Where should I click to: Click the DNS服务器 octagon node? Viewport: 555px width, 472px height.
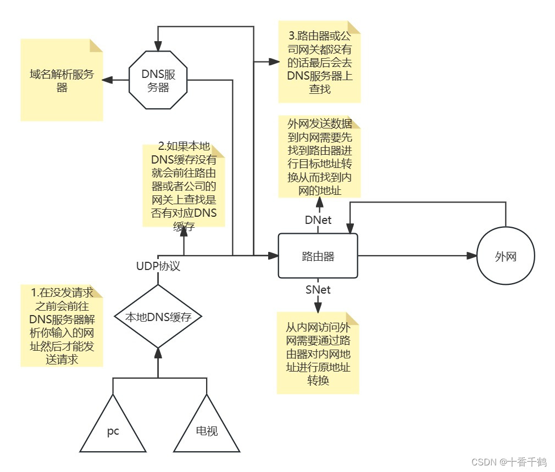point(158,80)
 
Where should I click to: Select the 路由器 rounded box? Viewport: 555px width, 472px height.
point(318,256)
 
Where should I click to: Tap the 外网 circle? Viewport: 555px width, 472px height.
point(506,256)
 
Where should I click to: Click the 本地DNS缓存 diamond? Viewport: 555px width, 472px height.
point(158,317)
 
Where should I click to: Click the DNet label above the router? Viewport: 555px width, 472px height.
point(318,220)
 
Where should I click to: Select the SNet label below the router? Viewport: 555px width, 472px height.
point(318,289)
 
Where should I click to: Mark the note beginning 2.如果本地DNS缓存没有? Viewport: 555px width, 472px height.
point(184,185)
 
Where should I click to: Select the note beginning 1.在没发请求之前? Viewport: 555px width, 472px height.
point(62,326)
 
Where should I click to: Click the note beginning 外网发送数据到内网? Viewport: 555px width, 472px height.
point(319,157)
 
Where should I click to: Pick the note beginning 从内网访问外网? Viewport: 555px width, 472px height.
point(318,353)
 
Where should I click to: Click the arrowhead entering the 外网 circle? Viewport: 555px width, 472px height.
point(471,256)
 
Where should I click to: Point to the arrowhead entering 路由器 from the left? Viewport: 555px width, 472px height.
point(274,256)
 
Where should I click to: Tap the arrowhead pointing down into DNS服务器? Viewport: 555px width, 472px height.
point(158,46)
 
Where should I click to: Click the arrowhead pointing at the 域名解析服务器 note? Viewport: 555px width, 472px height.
point(108,80)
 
